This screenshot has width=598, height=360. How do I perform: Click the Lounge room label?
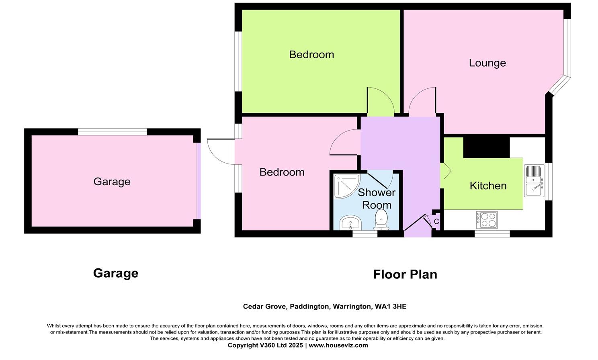point(487,63)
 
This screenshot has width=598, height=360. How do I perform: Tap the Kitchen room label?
point(488,186)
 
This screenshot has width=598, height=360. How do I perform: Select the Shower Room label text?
point(377,198)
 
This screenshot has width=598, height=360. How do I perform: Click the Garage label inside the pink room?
point(112,182)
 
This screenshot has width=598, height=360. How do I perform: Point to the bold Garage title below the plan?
point(116,273)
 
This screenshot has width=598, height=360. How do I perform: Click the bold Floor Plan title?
point(405,274)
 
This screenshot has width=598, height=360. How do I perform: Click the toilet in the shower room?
point(381,221)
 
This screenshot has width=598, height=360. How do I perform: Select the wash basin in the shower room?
point(350,223)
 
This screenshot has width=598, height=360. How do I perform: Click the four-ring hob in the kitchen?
point(487,220)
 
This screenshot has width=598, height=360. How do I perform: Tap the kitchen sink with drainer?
point(534,181)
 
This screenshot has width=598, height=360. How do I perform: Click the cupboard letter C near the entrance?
point(436,222)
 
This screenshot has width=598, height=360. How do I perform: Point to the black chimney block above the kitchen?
point(486,147)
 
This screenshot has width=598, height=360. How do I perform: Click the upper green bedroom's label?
point(311,55)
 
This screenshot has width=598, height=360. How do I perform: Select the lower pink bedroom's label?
point(282,172)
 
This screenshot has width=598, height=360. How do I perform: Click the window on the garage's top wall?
point(112,132)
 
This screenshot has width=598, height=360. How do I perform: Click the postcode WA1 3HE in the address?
point(390,307)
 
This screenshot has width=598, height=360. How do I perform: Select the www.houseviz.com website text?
point(338,346)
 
